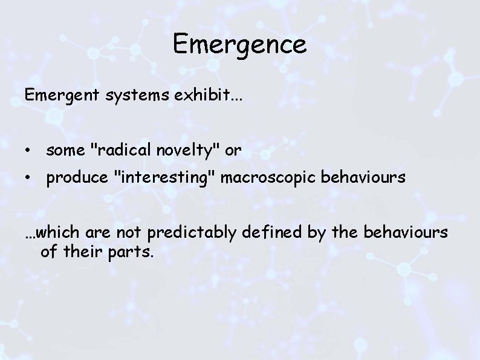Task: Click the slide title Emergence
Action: tap(240, 44)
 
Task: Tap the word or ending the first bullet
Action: tap(233, 151)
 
